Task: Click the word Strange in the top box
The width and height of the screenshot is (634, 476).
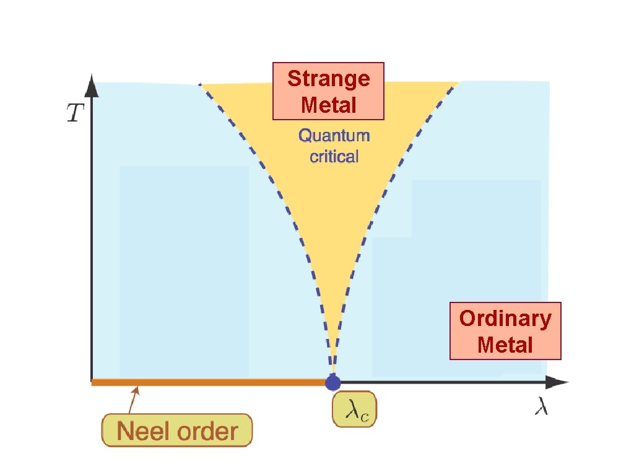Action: pyautogui.click(x=329, y=79)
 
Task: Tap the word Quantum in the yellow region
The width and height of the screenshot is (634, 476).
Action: pyautogui.click(x=334, y=135)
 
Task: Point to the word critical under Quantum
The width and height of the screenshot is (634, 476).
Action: pyautogui.click(x=334, y=156)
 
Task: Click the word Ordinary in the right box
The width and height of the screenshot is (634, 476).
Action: pyautogui.click(x=505, y=318)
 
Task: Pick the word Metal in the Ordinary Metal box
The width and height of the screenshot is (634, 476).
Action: pyautogui.click(x=505, y=344)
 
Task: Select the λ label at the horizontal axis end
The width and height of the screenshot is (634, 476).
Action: pyautogui.click(x=541, y=408)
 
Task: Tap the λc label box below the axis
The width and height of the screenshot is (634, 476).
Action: pyautogui.click(x=355, y=409)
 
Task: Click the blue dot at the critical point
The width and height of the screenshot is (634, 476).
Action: pyautogui.click(x=333, y=382)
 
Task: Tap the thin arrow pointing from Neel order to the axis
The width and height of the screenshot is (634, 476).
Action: pyautogui.click(x=132, y=400)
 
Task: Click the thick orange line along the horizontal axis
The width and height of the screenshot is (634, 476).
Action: pyautogui.click(x=204, y=382)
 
